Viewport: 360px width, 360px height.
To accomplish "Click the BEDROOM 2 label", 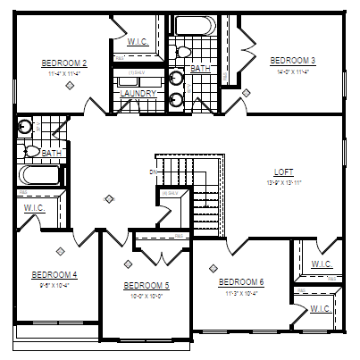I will click(x=63, y=63).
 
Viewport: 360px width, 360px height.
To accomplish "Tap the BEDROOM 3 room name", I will click(x=293, y=60).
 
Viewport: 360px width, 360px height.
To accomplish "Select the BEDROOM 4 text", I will click(x=54, y=274).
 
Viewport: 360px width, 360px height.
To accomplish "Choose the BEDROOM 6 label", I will click(x=241, y=281).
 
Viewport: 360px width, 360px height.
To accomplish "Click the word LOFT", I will click(x=283, y=172).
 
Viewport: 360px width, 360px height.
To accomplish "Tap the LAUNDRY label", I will click(x=138, y=93).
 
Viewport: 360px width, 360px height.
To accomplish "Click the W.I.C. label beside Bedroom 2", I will click(x=138, y=40).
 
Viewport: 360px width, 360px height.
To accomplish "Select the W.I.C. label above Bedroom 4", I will click(x=34, y=208).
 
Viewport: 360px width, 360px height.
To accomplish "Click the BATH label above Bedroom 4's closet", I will click(x=52, y=153).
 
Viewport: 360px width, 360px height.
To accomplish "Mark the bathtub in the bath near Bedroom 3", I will click(x=190, y=24).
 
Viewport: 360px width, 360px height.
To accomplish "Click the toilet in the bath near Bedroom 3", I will click(x=180, y=53).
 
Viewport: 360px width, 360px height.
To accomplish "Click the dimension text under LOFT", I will click(x=283, y=181).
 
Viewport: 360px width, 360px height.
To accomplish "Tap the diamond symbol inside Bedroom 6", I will click(x=213, y=266).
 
